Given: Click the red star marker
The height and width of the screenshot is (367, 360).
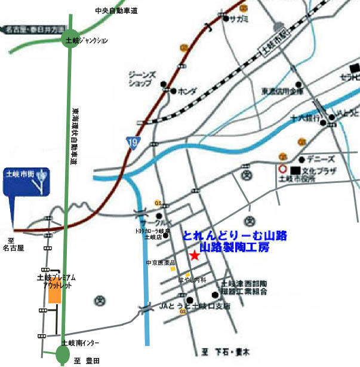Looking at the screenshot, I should pyautogui.click(x=194, y=256).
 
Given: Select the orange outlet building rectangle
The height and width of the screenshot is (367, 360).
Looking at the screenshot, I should pyautogui.click(x=54, y=292).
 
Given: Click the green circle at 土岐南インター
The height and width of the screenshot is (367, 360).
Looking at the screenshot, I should pyautogui.click(x=63, y=355).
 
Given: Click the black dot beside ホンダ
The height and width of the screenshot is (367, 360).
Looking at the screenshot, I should pyautogui.click(x=173, y=91).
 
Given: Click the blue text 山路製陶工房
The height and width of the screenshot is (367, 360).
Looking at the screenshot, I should pyautogui.click(x=235, y=246).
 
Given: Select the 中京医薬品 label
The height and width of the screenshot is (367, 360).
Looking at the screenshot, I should pyautogui.click(x=161, y=262).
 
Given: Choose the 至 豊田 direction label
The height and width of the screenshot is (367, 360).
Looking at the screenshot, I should pyautogui.click(x=85, y=360).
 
